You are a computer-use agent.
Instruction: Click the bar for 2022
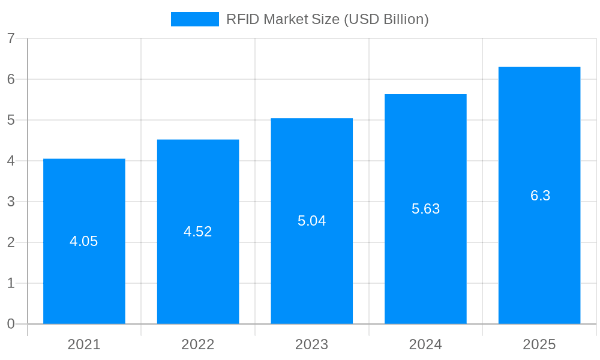(198, 270)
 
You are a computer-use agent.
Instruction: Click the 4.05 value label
(84, 241)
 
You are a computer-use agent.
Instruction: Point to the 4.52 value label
(198, 232)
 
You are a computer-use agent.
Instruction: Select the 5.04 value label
(312, 221)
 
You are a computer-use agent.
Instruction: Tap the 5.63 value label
(425, 209)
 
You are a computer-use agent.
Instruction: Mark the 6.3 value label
(540, 196)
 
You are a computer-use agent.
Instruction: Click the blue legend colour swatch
(195, 19)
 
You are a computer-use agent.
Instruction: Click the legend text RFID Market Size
(327, 19)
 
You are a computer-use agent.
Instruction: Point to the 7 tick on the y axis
(11, 38)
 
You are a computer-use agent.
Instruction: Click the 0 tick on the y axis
(11, 324)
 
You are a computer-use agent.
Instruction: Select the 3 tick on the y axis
(11, 202)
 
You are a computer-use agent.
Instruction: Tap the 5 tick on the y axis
(11, 120)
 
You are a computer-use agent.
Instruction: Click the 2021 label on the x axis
(84, 344)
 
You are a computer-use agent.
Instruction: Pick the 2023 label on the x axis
(312, 344)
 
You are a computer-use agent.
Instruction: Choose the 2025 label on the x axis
(539, 344)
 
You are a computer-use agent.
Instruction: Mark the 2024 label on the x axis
(425, 344)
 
